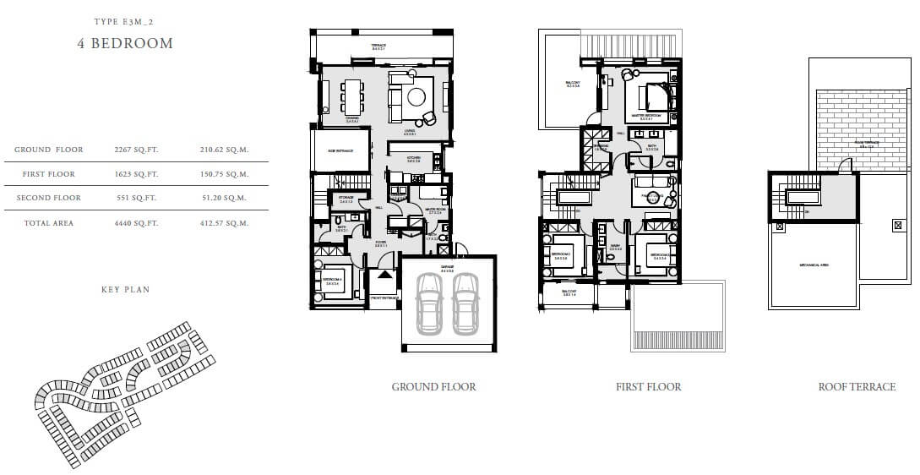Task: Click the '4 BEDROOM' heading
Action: click(124, 43)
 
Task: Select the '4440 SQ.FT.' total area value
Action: click(136, 223)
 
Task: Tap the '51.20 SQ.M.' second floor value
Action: click(226, 198)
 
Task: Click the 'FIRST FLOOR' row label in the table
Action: click(49, 174)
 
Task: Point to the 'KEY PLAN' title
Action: click(125, 290)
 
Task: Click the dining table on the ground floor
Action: click(351, 96)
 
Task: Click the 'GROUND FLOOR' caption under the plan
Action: click(433, 387)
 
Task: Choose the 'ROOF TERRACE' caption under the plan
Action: click(857, 387)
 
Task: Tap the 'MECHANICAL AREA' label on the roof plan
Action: click(814, 265)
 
